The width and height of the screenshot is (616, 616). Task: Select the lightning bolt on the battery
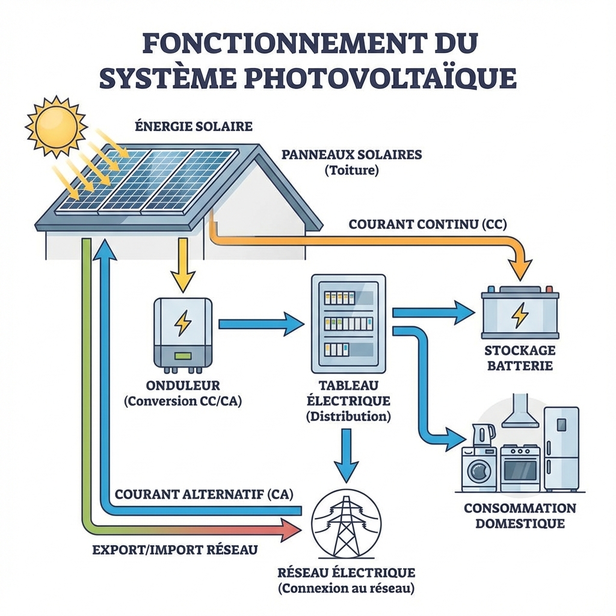pos(520,315)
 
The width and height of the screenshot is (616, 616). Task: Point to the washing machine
pos(479,468)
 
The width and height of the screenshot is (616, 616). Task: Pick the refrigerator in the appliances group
pos(561,448)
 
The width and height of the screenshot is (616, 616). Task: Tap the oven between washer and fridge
pos(520,468)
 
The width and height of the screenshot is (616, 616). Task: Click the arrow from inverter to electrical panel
pos(260,324)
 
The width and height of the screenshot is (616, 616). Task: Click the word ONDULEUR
pos(182,386)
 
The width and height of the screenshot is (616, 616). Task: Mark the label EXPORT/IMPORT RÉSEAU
pos(175,549)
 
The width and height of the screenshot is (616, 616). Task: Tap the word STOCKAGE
pos(520,351)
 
